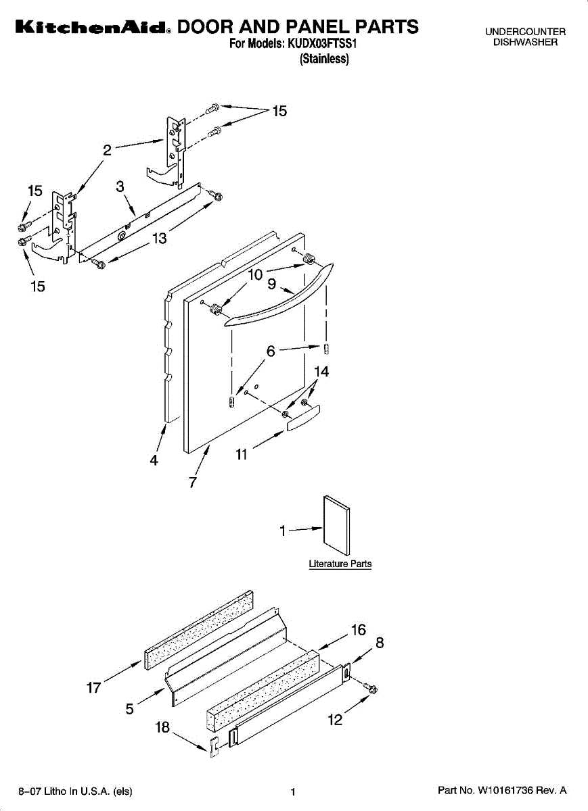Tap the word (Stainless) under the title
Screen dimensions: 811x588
click(x=324, y=59)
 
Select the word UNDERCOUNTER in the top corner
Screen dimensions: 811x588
click(x=525, y=32)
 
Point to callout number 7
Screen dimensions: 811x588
click(x=193, y=482)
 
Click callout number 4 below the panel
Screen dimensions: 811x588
click(x=154, y=460)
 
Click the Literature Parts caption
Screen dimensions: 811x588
click(x=340, y=564)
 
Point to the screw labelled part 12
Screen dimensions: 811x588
click(x=369, y=689)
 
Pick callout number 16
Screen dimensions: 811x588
click(x=358, y=630)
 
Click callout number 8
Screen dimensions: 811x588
click(x=380, y=643)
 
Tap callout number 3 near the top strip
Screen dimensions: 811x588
click(x=120, y=187)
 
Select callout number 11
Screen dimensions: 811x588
click(x=241, y=455)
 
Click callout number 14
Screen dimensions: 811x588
click(x=321, y=372)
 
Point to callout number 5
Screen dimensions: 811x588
click(x=129, y=709)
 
